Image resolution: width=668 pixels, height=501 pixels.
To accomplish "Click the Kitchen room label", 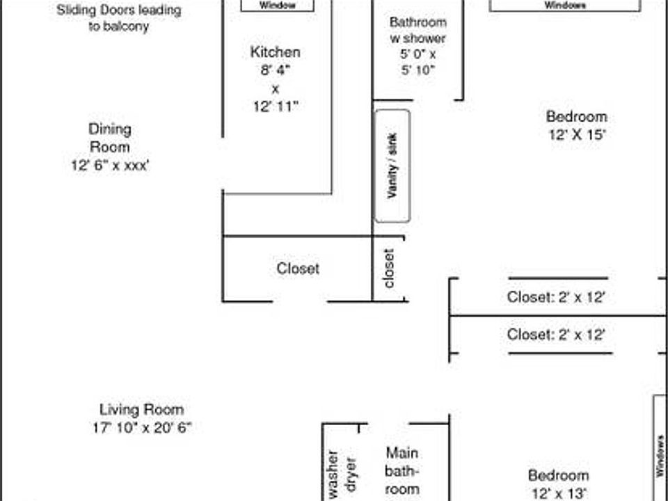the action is (276, 52).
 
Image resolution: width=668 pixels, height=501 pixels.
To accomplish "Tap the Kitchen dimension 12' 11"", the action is (276, 106).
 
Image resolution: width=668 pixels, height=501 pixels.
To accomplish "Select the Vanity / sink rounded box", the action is (392, 166).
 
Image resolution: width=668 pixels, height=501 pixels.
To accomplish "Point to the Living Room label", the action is (141, 410).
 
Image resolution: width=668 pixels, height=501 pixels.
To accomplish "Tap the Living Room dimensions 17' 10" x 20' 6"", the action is (141, 428).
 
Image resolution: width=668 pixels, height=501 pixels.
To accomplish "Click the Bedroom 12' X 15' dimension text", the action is (576, 135).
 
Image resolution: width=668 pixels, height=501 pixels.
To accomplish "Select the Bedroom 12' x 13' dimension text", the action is (559, 493).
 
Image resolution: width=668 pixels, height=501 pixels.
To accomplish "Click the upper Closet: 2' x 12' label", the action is (556, 297).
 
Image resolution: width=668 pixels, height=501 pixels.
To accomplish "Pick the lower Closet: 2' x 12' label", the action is (556, 335).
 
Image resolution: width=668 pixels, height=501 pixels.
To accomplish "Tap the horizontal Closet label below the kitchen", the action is (298, 269).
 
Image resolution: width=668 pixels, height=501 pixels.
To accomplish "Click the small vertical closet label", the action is (390, 269).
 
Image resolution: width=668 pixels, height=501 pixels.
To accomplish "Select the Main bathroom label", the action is (402, 471).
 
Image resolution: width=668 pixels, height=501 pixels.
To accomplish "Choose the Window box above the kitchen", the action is (277, 6).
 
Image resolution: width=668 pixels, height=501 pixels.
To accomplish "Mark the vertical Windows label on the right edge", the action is (660, 456).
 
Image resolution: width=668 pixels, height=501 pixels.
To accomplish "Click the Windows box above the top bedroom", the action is (564, 6).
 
